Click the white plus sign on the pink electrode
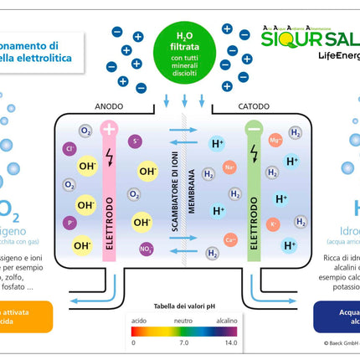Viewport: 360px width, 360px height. pyautogui.click(x=109, y=130)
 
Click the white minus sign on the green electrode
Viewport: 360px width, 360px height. pyautogui.click(x=255, y=130)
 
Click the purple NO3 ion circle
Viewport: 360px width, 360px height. pyautogui.click(x=145, y=248)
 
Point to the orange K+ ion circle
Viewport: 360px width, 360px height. pyautogui.click(x=273, y=224)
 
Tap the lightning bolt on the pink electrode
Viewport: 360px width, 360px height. pyautogui.click(x=109, y=157)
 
